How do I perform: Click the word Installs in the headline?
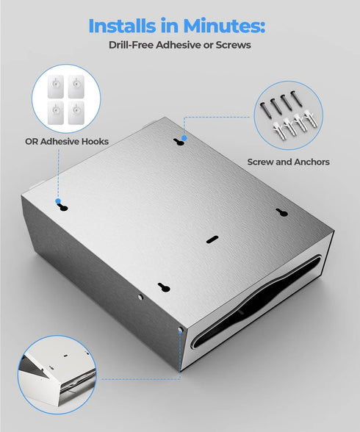(122, 26)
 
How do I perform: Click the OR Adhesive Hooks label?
(67, 142)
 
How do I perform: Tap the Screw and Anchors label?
(289, 162)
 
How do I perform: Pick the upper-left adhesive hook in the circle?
(56, 87)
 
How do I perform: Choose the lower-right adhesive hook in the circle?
(76, 112)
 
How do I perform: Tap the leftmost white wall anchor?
(279, 132)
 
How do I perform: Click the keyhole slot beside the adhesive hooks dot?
(62, 207)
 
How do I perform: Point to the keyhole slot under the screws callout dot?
(179, 143)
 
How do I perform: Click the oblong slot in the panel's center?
(212, 240)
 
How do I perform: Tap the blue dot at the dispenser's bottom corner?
(180, 330)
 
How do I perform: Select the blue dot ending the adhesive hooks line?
(58, 201)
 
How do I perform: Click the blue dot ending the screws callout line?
(184, 138)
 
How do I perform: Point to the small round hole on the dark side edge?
(140, 297)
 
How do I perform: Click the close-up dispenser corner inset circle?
(57, 375)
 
